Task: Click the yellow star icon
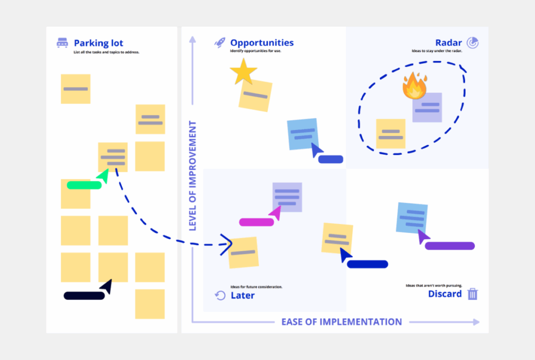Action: pyautogui.click(x=243, y=72)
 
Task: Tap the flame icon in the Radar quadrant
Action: pyautogui.click(x=415, y=86)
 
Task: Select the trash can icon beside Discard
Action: pyautogui.click(x=472, y=294)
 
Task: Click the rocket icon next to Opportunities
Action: pyautogui.click(x=220, y=43)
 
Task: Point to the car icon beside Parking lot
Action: pyautogui.click(x=62, y=43)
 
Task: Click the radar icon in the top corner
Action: pyautogui.click(x=472, y=43)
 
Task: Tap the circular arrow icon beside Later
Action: pyautogui.click(x=220, y=296)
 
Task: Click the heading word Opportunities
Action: pyautogui.click(x=262, y=43)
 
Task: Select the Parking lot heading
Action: pyautogui.click(x=98, y=43)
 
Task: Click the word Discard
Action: pyautogui.click(x=445, y=294)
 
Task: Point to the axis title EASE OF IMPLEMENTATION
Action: pyautogui.click(x=342, y=322)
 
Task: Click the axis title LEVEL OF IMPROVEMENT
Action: pyautogui.click(x=192, y=176)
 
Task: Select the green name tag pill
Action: pyautogui.click(x=84, y=185)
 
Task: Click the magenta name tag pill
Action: pyautogui.click(x=257, y=222)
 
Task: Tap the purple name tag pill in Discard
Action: pyautogui.click(x=449, y=246)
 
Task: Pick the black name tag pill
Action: pyautogui.click(x=84, y=296)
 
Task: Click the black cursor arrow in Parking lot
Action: pyautogui.click(x=107, y=286)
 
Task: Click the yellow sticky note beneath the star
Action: pyautogui.click(x=255, y=95)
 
